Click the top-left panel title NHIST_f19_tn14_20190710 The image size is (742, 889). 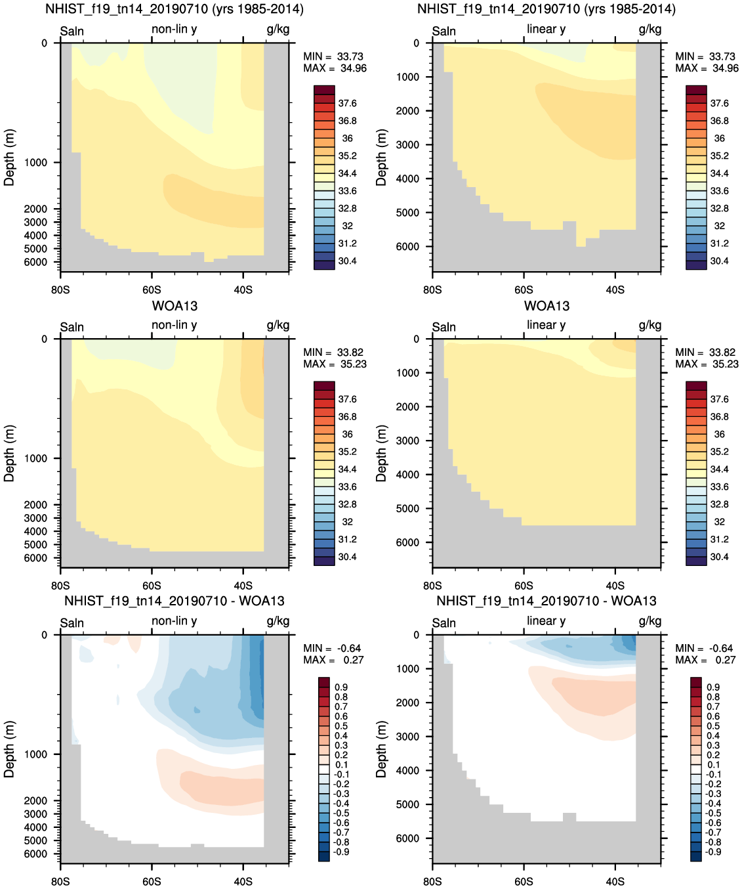coord(174,9)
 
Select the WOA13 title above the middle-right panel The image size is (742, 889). coord(546,306)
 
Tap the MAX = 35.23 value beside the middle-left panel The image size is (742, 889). coord(335,364)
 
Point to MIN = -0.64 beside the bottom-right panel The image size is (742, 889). coord(705,649)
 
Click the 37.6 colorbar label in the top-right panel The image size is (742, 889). coord(720,104)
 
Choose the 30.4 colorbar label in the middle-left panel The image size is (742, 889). coord(348,557)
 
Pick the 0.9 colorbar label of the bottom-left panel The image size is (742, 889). coord(341,687)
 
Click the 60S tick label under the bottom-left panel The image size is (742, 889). coord(152,881)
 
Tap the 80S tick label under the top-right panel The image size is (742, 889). coord(432,290)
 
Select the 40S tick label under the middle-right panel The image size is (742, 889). coord(615,586)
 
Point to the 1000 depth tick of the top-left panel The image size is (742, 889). coord(36,163)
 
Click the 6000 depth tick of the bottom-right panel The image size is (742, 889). coord(407,838)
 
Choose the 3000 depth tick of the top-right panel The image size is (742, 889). coord(407,145)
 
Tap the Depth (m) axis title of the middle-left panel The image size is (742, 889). coord(9,453)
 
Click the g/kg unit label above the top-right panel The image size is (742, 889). coord(650,30)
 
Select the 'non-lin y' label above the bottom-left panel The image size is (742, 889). coord(174,621)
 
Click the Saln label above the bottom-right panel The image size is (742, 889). coord(443,623)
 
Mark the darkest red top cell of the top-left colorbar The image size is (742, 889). coord(324,90)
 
